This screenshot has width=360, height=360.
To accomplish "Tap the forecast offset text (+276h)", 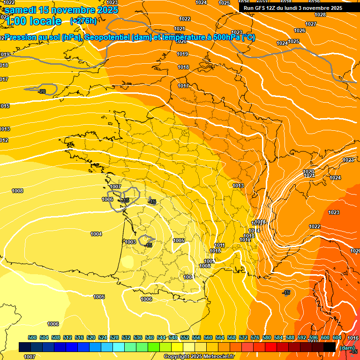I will pos(83,21).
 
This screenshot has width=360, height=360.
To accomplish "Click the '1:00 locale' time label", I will pos(33,21).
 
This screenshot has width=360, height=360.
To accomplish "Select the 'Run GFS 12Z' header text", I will pos(261,8).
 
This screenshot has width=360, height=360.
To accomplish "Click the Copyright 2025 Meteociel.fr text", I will pos(199,357).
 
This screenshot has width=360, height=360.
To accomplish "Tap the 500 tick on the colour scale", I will pos(32,337).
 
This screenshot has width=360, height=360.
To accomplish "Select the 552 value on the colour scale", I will pos(185,337).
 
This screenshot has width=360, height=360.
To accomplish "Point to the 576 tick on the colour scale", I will pos(255,337).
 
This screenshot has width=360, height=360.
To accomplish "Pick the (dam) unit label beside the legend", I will pos(347,348).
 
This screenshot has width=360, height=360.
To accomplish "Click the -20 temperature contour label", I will pos(42,91).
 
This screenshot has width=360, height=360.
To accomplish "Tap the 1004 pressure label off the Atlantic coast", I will pos(96,234).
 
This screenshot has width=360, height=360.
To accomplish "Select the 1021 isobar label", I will pos(179,29).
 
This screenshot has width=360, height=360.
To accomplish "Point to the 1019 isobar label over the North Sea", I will pos(183,54).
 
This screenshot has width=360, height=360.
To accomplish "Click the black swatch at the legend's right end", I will pos(330,347).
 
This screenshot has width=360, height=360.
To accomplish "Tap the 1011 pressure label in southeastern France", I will pos(219,245).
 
